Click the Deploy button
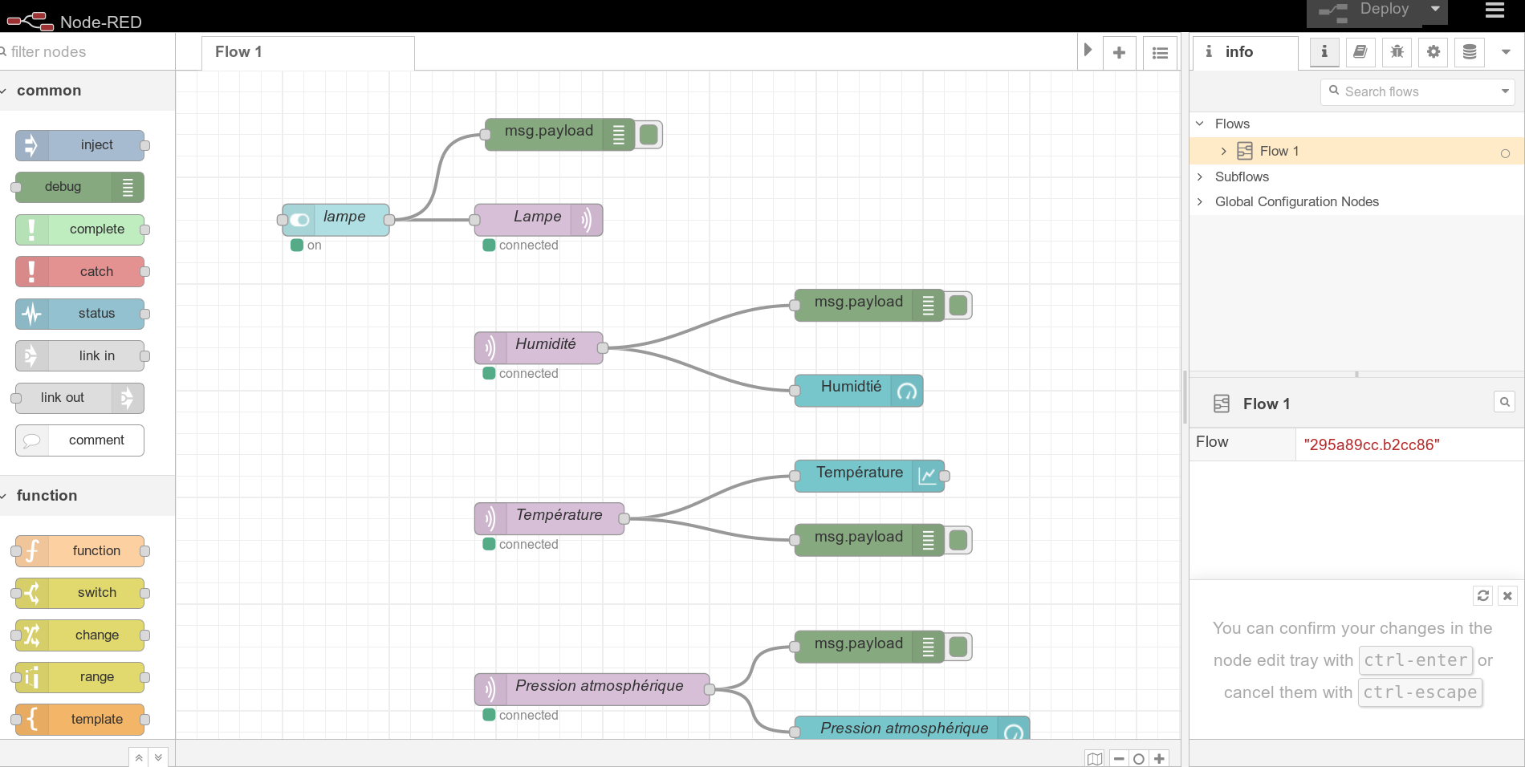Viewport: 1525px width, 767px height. coord(1364,11)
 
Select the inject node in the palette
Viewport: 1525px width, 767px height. coord(80,145)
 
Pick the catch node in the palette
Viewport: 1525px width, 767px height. coord(80,271)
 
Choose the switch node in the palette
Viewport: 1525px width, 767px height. coord(80,593)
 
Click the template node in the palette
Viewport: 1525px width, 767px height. coord(80,719)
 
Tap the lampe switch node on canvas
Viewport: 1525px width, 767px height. coord(337,219)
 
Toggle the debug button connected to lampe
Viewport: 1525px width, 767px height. coord(649,134)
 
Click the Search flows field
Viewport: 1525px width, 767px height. coord(1417,92)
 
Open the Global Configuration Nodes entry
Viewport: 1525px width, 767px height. coord(1296,202)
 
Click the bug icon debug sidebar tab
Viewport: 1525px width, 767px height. coord(1397,52)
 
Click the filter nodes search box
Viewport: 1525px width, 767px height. coord(87,52)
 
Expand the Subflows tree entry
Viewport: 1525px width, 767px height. coord(1241,177)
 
